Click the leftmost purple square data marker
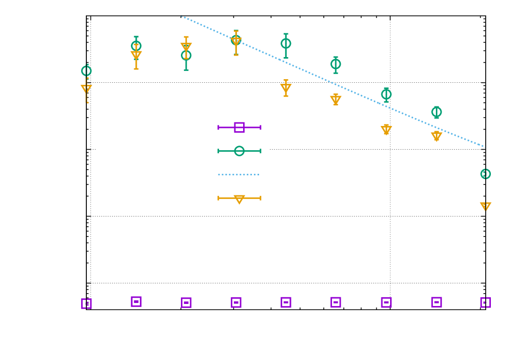[86, 303]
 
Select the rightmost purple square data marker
[485, 302]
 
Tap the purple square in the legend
[239, 127]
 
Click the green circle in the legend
[239, 151]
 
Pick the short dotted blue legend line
[238, 174]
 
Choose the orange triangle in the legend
[239, 199]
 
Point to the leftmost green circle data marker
[86, 70]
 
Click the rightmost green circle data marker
[485, 174]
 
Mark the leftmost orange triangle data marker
[86, 88]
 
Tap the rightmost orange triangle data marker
[485, 206]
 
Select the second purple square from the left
[136, 301]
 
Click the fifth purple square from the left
[286, 302]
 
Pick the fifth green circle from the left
[286, 43]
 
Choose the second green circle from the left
[136, 46]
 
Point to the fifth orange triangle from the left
[286, 87]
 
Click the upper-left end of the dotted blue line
[181, 16]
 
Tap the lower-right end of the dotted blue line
[484, 147]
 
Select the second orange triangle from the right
[436, 136]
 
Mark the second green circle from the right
[436, 112]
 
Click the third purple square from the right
[386, 302]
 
